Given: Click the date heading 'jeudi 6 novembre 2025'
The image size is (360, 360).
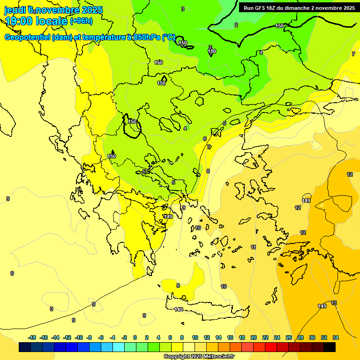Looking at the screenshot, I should [x=54, y=9].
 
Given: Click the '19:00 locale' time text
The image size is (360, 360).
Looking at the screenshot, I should [x=36, y=21].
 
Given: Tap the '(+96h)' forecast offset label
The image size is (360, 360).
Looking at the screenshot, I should [x=81, y=21].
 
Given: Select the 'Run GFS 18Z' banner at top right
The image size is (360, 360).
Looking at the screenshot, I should [x=299, y=7].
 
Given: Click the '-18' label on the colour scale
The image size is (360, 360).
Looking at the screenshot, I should [x=32, y=337].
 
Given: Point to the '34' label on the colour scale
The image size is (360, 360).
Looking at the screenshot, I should [x=336, y=337].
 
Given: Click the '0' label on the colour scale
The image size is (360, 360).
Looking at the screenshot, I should [x=135, y=337].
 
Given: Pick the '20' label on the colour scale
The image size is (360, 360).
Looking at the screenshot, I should [x=254, y=337].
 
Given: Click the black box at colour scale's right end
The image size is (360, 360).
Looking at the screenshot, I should [x=330, y=347].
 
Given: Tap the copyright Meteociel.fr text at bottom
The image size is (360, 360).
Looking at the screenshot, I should [x=199, y=357].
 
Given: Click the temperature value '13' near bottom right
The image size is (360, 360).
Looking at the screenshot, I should [x=334, y=303].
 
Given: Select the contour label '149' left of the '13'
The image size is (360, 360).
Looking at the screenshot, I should [x=322, y=306].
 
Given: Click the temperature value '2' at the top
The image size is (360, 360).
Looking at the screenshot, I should [x=236, y=25].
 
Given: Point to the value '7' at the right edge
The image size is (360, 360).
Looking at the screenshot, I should [x=353, y=54].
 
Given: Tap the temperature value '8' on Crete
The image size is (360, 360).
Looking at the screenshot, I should [x=178, y=285].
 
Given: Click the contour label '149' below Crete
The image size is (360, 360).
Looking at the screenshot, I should [x=179, y=309].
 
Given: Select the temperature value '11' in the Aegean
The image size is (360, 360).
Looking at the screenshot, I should [x=254, y=247].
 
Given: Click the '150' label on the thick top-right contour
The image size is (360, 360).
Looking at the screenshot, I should [x=280, y=26].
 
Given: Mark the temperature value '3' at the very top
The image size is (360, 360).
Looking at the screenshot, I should [x=183, y=9].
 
